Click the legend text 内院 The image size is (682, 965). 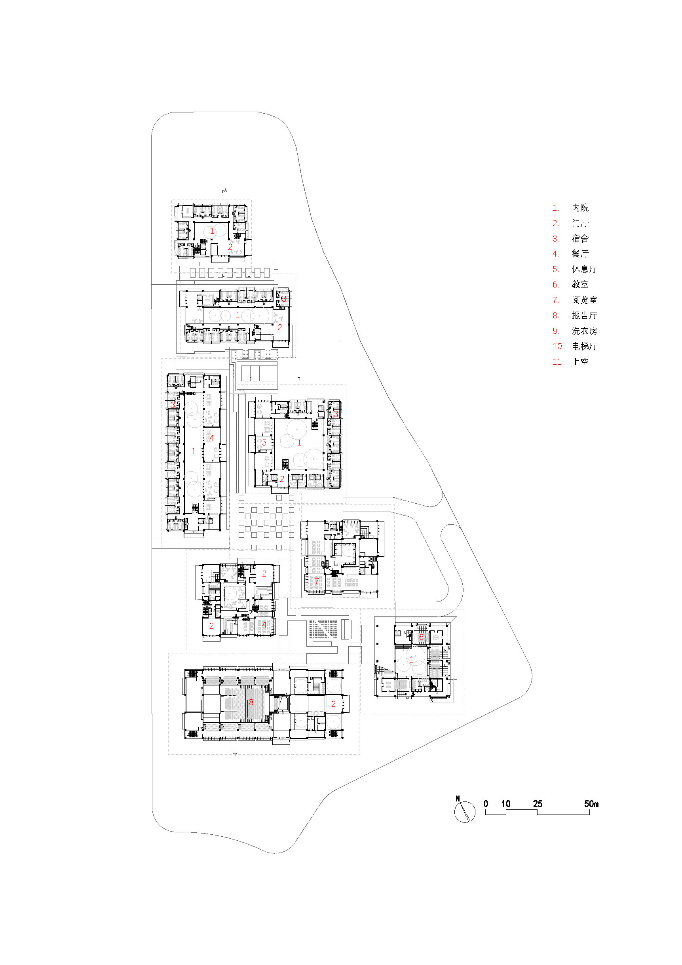[580, 207]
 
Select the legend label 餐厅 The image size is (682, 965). [580, 254]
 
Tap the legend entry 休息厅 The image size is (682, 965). [584, 269]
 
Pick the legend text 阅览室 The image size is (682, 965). [584, 300]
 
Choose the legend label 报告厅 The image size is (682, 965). [584, 316]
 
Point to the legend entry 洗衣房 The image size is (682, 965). [584, 331]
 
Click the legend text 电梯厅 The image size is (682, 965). [584, 346]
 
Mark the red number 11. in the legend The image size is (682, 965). [558, 362]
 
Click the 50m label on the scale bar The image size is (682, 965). [591, 803]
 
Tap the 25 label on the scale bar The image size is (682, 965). [538, 803]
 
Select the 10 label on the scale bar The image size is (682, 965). [505, 803]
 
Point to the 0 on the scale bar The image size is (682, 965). [486, 803]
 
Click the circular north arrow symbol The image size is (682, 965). [464, 812]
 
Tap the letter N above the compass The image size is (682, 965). [458, 798]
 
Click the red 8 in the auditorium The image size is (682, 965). [251, 702]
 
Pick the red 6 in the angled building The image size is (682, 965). [421, 637]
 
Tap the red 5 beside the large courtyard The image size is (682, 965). [264, 443]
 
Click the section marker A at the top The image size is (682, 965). [225, 191]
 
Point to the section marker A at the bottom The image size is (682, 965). [236, 753]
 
